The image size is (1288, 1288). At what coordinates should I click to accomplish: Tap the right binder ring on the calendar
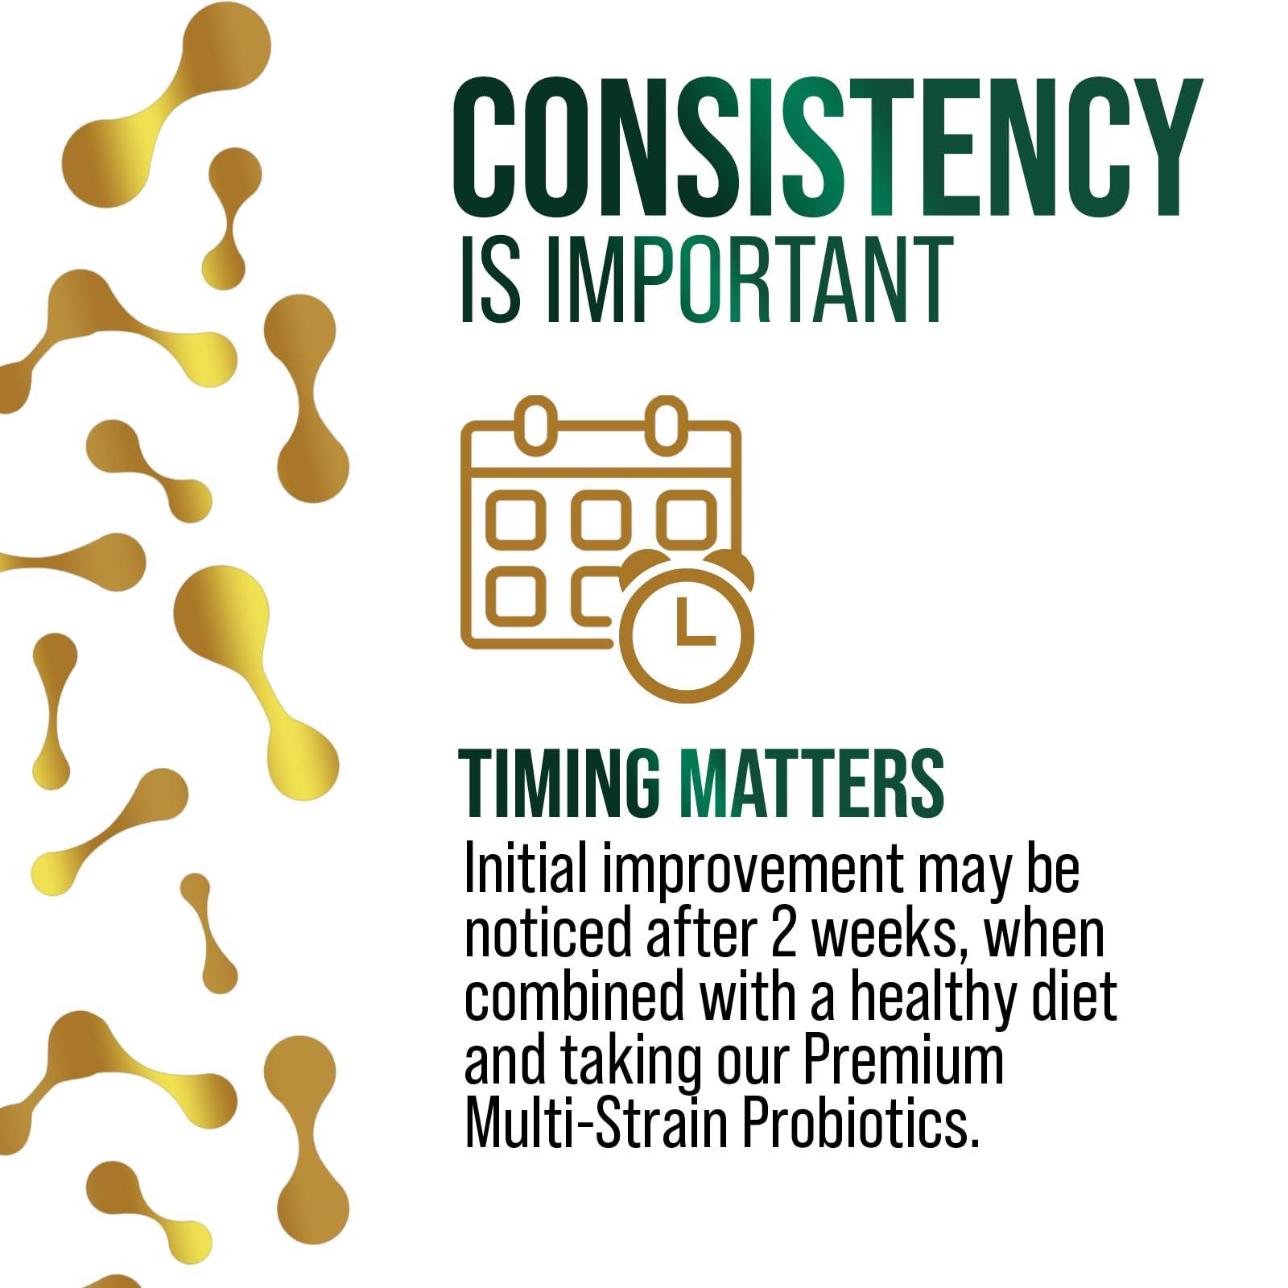(x=666, y=423)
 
